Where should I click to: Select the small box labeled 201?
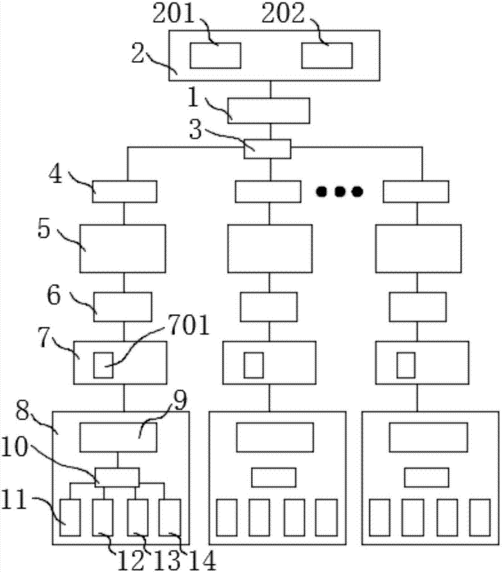[215, 55]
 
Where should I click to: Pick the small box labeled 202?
[327, 55]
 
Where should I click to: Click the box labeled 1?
[269, 110]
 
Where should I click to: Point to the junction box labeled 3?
[268, 149]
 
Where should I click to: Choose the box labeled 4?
[125, 192]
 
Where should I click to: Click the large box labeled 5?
[122, 248]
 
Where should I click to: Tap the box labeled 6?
[122, 307]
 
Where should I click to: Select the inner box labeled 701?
[103, 365]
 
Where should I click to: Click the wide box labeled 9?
[118, 437]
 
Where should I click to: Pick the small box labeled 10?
[117, 476]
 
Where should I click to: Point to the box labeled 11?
[70, 517]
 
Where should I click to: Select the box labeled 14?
[169, 517]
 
